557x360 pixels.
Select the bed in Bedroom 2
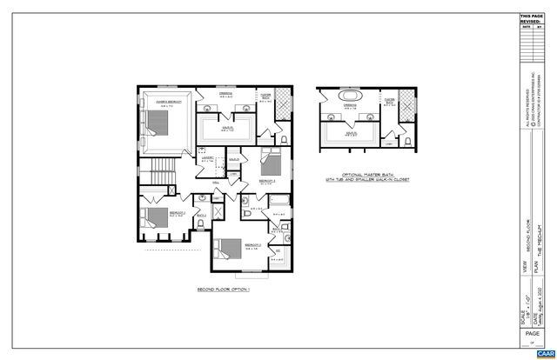click(x=157, y=217)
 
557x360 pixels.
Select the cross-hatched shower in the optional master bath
click(x=405, y=97)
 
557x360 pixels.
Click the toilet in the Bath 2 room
click(x=201, y=223)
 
